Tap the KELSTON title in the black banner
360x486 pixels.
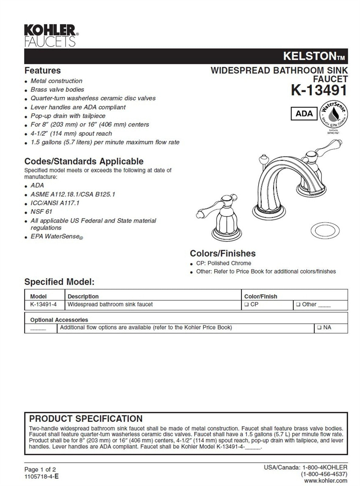pyautogui.click(x=313, y=56)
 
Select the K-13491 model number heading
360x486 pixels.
pyautogui.click(x=319, y=90)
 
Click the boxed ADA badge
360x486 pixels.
pyautogui.click(x=304, y=114)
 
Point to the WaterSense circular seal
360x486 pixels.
pyautogui.click(x=333, y=115)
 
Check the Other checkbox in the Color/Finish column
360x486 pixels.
pyautogui.click(x=298, y=304)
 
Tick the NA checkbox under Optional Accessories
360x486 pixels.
pyautogui.click(x=319, y=328)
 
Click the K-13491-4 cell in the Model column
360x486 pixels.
pyautogui.click(x=43, y=304)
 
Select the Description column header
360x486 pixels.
pyautogui.click(x=83, y=296)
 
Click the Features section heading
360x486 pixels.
pyautogui.click(x=43, y=70)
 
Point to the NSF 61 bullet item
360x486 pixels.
pyautogui.click(x=41, y=212)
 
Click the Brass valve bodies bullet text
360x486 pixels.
pyautogui.click(x=57, y=90)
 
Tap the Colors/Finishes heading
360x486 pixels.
pyautogui.click(x=223, y=253)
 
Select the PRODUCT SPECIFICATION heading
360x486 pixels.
pyautogui.click(x=86, y=419)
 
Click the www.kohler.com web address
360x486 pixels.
pyautogui.click(x=325, y=481)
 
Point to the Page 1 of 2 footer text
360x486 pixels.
pyautogui.click(x=40, y=470)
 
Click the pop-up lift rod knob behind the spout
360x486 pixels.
pyautogui.click(x=262, y=159)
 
